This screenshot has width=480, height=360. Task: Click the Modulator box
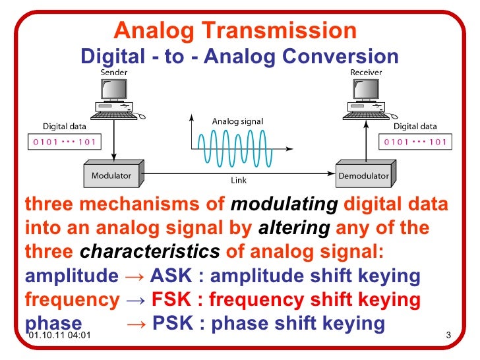[x=111, y=175]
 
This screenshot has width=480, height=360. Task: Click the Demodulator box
[x=363, y=175]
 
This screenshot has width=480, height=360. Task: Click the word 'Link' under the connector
[x=238, y=180]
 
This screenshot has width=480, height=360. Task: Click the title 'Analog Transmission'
[x=235, y=30]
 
